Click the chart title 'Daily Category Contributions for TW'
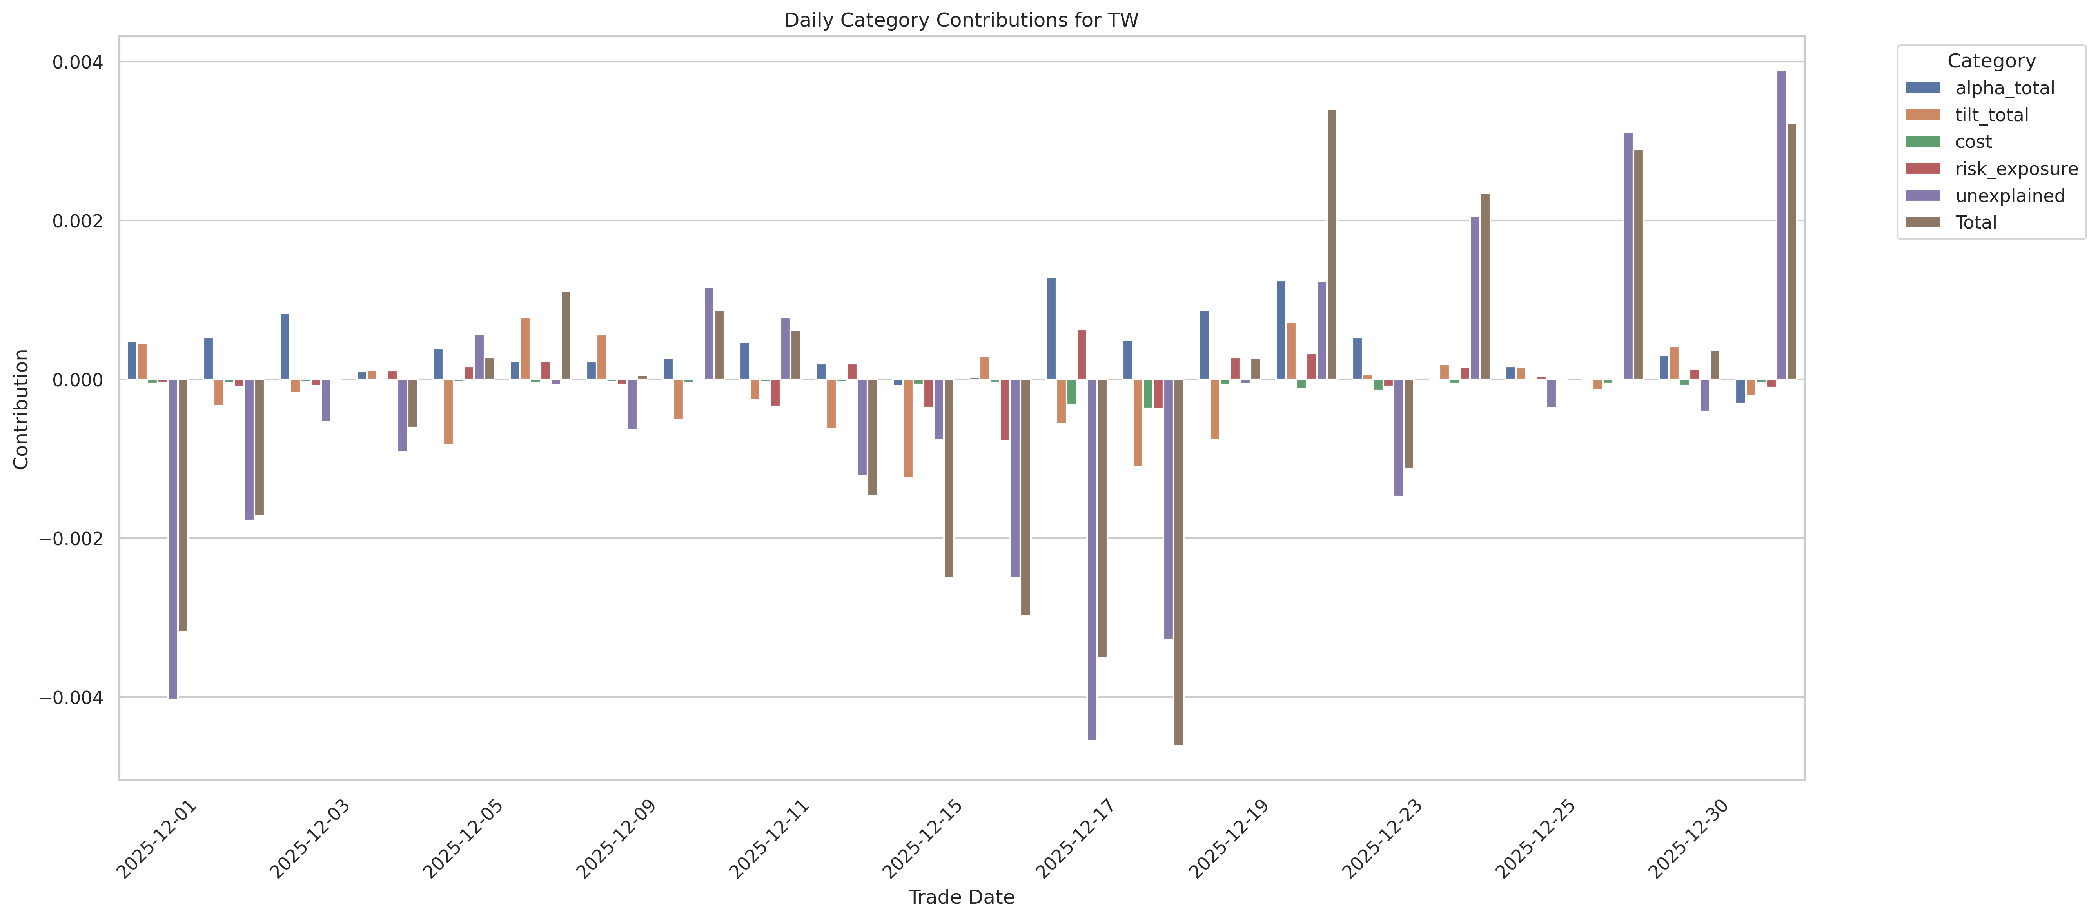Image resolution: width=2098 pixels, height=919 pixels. pos(961,20)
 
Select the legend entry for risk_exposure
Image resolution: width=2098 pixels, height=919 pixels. pos(2016,169)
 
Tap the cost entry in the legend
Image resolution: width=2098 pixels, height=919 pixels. pos(1973,142)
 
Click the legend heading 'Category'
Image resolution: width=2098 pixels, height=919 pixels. pos(1991,61)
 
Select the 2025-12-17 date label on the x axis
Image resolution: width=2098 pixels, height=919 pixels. pos(1075,839)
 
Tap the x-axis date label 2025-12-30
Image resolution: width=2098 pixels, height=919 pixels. pos(1688,839)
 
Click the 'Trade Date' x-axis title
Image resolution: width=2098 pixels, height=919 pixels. pos(961,897)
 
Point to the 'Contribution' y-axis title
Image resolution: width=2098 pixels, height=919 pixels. pos(21,409)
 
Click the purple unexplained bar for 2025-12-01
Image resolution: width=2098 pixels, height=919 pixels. pos(172,538)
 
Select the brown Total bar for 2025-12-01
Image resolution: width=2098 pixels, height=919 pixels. pos(183,505)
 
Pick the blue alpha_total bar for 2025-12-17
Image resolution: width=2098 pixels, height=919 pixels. pos(1051,328)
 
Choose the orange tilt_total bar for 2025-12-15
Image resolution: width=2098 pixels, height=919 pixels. pos(908,428)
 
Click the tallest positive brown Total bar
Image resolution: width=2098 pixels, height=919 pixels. pos(1332,244)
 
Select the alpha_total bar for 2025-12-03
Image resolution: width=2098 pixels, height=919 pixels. pos(285,346)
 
